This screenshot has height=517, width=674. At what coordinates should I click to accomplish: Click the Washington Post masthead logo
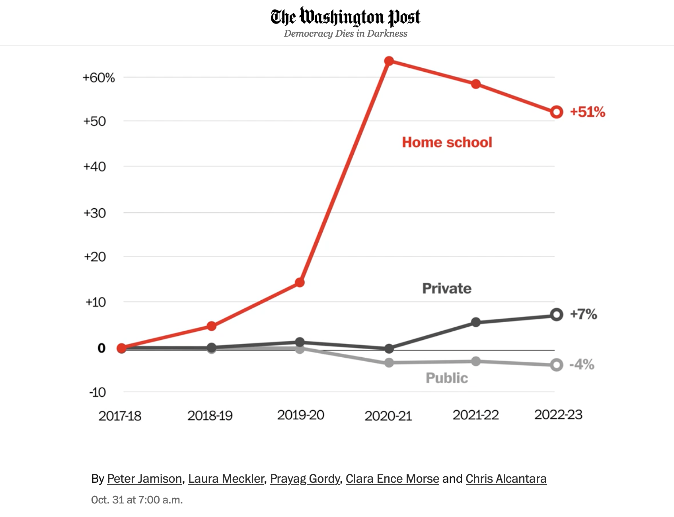pyautogui.click(x=345, y=17)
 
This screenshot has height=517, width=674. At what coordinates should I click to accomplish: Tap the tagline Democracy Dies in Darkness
pyautogui.click(x=345, y=33)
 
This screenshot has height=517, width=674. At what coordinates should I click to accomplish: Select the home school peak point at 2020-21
pyautogui.click(x=389, y=61)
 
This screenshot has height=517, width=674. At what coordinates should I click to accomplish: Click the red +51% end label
pyautogui.click(x=587, y=112)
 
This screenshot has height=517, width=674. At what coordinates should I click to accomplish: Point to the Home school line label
pyautogui.click(x=447, y=142)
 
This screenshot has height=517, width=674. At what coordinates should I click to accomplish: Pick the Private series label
pyautogui.click(x=446, y=288)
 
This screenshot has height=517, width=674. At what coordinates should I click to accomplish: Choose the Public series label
pyautogui.click(x=446, y=378)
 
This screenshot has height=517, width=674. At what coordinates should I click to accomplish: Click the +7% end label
pyautogui.click(x=583, y=314)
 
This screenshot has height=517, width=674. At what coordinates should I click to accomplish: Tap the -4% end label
pyautogui.click(x=582, y=364)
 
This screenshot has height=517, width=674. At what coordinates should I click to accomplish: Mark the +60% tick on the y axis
pyautogui.click(x=99, y=77)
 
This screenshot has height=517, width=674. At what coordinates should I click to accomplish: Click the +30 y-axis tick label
pyautogui.click(x=95, y=213)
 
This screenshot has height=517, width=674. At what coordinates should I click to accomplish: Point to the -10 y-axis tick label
pyautogui.click(x=97, y=392)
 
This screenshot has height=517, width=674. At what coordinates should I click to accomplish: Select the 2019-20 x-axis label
pyautogui.click(x=300, y=415)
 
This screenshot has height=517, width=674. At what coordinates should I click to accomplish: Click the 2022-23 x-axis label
pyautogui.click(x=558, y=415)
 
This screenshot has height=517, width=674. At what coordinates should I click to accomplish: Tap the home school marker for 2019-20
pyautogui.click(x=300, y=283)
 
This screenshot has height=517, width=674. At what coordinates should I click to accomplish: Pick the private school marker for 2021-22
pyautogui.click(x=475, y=322)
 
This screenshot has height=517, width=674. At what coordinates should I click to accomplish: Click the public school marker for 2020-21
pyautogui.click(x=389, y=362)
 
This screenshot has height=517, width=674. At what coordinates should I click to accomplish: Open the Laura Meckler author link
pyautogui.click(x=226, y=478)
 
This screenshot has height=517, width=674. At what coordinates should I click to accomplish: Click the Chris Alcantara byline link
pyautogui.click(x=506, y=478)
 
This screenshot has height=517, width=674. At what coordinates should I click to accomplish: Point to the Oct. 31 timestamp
pyautogui.click(x=137, y=500)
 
